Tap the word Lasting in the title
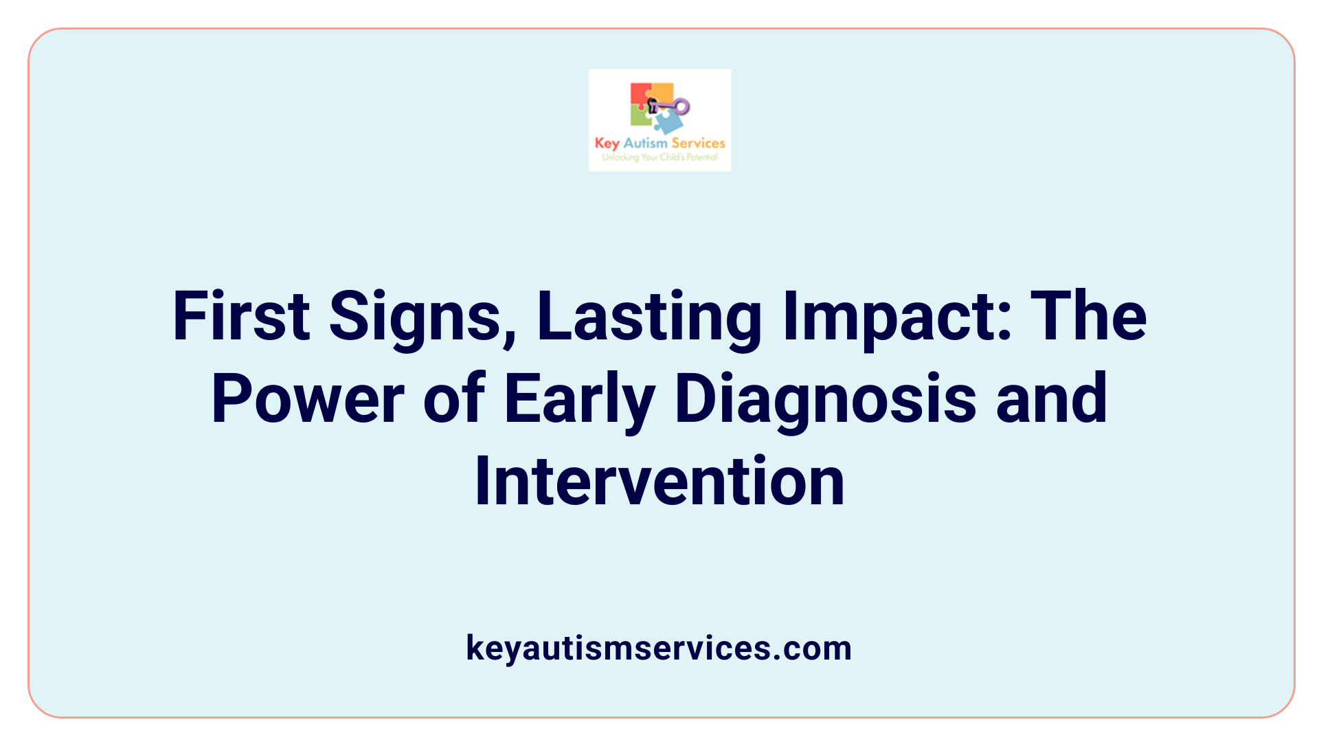tap(649, 317)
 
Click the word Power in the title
tap(308, 398)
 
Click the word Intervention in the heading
tap(659, 481)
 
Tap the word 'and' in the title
tap(1052, 398)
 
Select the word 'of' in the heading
tap(454, 398)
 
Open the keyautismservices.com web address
tap(659, 648)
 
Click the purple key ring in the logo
tap(681, 106)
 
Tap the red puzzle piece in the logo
tap(640, 94)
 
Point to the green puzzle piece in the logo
tap(640, 117)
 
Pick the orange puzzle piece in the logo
tap(662, 91)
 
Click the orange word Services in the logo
tap(698, 143)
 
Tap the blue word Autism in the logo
tap(645, 143)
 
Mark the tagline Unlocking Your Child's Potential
tap(659, 157)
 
